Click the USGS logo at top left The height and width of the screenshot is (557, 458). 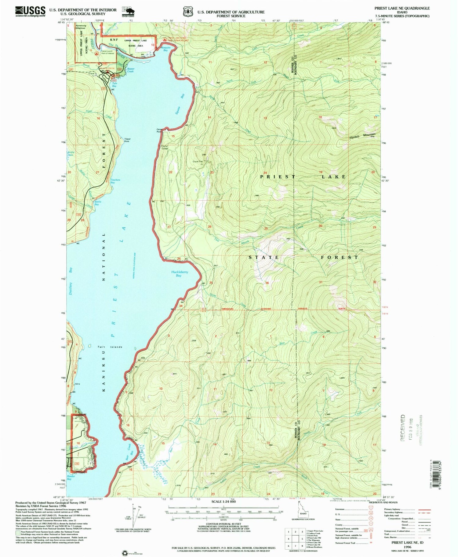click(30, 11)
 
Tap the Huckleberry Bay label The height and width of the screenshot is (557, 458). click(179, 273)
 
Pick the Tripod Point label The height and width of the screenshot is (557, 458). click(127, 140)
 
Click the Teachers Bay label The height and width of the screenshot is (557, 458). click(115, 181)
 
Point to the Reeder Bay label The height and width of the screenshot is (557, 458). click(71, 478)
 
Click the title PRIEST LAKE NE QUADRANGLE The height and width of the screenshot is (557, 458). click(403, 8)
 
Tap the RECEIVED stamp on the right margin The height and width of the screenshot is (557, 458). click(403, 427)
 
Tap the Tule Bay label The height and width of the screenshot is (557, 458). click(114, 85)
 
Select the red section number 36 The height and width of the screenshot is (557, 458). click(267, 283)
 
